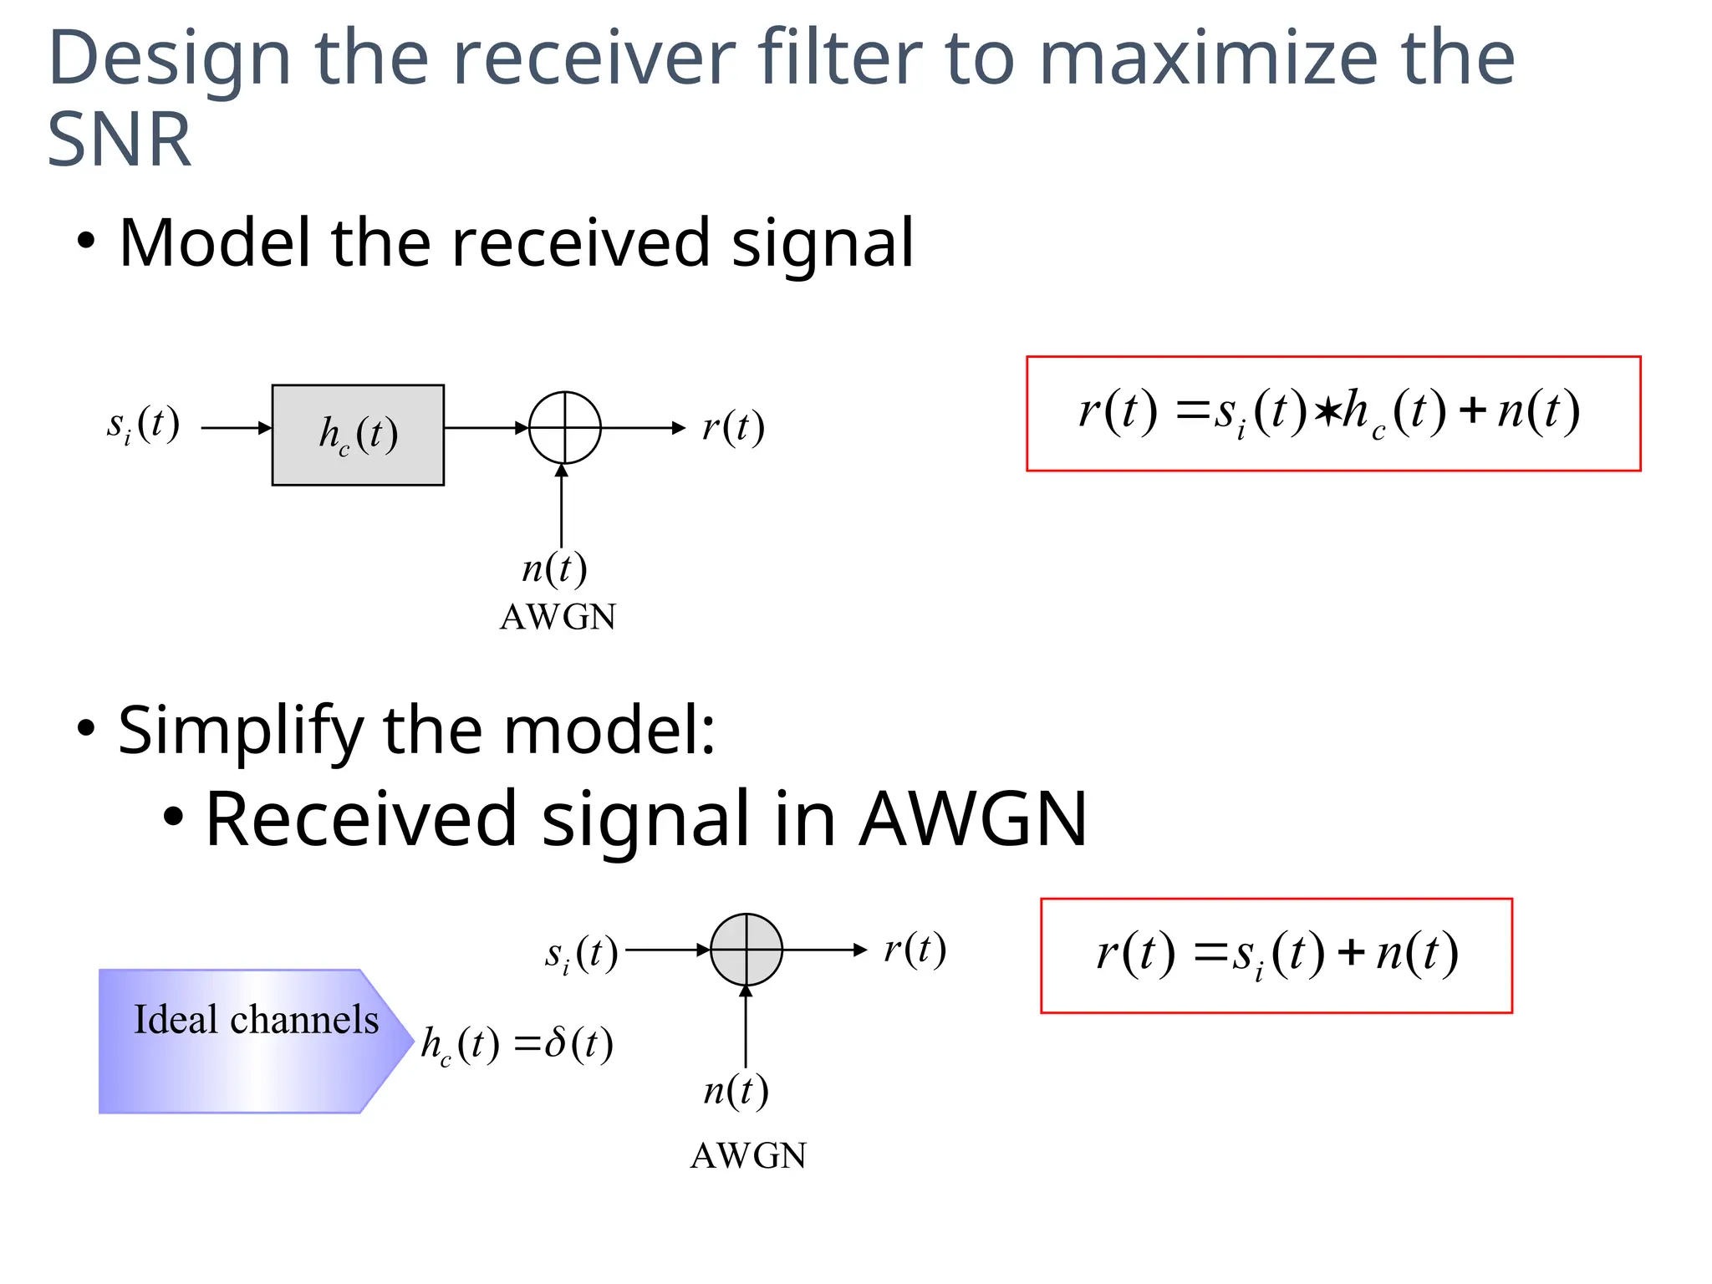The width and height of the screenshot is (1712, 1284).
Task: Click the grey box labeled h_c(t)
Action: click(358, 435)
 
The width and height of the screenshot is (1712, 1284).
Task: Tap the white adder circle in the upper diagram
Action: click(565, 427)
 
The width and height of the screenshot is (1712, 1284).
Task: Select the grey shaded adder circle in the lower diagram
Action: click(746, 950)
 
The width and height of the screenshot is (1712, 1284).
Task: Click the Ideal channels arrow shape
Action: click(251, 1041)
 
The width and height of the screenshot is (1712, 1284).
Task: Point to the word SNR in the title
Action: click(119, 140)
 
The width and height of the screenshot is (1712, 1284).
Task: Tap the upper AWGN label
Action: click(558, 618)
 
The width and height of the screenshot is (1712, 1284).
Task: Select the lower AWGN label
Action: click(748, 1156)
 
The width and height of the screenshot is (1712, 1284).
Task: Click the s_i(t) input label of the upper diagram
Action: click(143, 425)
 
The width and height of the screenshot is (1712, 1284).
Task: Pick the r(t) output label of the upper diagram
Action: click(733, 427)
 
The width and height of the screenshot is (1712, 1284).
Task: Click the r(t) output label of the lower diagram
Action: click(915, 949)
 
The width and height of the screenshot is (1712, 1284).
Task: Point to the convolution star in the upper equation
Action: click(1326, 412)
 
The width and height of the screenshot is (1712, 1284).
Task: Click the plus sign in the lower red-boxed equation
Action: click(1351, 953)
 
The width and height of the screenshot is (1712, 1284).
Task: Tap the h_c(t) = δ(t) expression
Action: click(517, 1044)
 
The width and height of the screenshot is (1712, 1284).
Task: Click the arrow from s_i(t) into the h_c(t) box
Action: click(237, 428)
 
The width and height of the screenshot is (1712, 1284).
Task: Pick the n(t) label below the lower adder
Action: click(736, 1091)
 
